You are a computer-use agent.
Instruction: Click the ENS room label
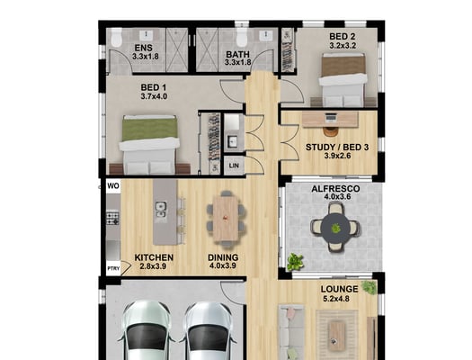point(144,48)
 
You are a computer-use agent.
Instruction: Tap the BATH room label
point(238,55)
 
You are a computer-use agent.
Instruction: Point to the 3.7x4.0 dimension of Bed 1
point(154,96)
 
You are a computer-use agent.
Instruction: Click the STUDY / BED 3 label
point(337,148)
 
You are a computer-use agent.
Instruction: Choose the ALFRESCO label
point(335,189)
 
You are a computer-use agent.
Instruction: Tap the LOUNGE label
point(340,289)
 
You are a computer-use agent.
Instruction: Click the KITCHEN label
point(154,257)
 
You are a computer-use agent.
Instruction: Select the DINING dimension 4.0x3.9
point(222,265)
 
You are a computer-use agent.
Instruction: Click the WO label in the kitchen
point(113,186)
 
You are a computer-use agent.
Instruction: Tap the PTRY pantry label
point(113,268)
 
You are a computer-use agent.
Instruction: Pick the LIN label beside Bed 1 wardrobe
point(234,166)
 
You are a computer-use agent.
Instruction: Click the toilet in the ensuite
point(116,39)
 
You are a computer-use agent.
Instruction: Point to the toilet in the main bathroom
point(241,39)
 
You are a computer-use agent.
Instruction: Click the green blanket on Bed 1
point(149,129)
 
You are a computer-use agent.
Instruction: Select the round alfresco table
point(335,228)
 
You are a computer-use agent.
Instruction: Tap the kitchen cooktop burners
point(112,219)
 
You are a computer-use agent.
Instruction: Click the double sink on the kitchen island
point(161,210)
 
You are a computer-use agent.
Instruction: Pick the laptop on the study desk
point(331,117)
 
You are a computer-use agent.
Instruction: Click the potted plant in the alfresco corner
point(295,262)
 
